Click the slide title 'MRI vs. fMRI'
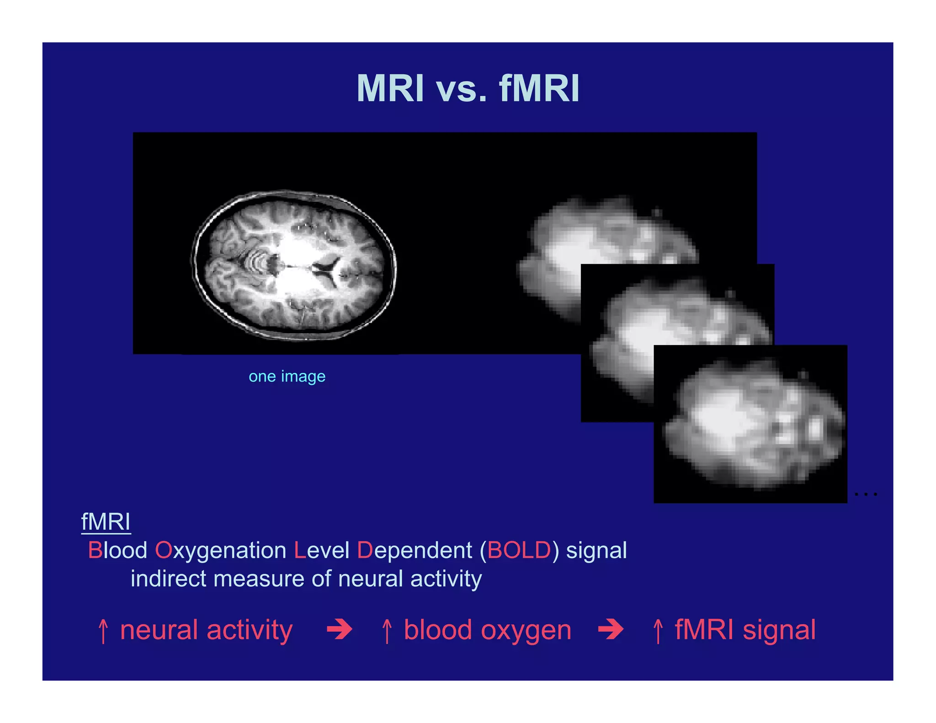point(468,88)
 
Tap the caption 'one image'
point(287,377)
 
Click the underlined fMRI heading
point(106,522)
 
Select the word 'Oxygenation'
point(220,550)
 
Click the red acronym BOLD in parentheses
point(519,550)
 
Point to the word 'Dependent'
point(414,550)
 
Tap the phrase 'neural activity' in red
point(206,630)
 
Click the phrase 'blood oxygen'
point(487,630)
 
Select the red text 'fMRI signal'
point(745,630)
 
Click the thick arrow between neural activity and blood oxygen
point(340,629)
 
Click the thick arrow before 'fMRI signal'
point(611,629)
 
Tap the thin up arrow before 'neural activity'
point(103,631)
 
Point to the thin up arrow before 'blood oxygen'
point(387,631)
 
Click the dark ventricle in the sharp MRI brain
point(328,270)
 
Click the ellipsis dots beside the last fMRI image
point(866,494)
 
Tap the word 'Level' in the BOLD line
point(322,550)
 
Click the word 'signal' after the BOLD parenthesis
point(596,550)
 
